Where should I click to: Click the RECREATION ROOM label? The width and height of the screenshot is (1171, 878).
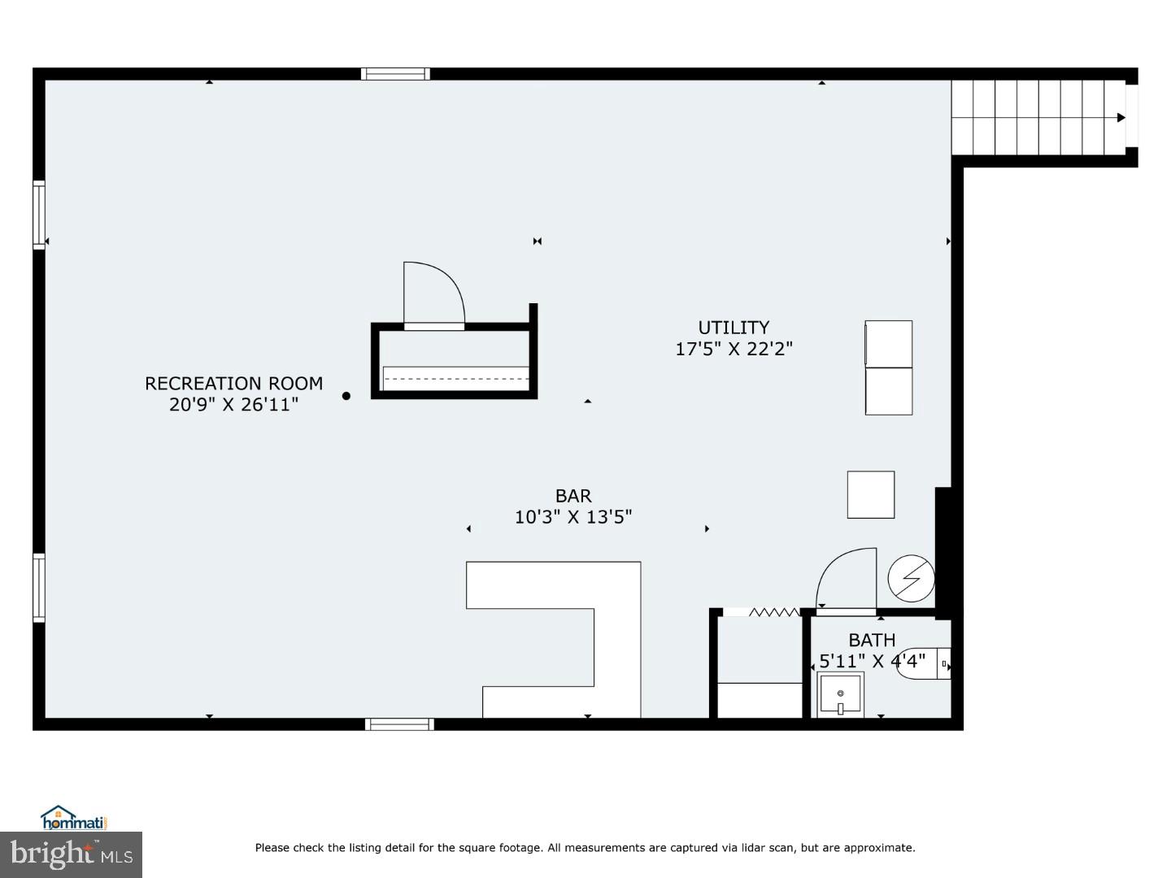point(233,383)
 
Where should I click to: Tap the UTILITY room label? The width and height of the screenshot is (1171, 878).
point(734,327)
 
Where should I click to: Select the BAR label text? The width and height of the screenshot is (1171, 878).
point(573,495)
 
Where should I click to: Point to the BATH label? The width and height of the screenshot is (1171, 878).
point(872,640)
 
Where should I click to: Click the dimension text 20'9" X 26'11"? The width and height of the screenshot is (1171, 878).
point(233,404)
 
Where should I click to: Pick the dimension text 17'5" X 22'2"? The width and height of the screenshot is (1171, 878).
point(734,349)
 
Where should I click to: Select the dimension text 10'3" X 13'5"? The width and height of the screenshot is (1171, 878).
point(573,516)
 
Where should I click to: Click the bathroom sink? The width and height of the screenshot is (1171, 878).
point(840,695)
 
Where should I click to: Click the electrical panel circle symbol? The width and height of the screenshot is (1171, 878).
point(911,578)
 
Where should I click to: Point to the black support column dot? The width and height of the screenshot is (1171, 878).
point(346,396)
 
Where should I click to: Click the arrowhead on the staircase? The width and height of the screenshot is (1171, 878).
point(1121,118)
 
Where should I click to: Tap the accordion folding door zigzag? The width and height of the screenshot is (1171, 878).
point(773,612)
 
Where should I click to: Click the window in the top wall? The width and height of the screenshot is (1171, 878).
point(395,74)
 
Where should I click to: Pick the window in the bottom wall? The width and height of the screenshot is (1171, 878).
point(398,724)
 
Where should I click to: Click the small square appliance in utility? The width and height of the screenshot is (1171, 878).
point(871,494)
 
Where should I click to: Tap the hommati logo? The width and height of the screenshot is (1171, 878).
point(74,818)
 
